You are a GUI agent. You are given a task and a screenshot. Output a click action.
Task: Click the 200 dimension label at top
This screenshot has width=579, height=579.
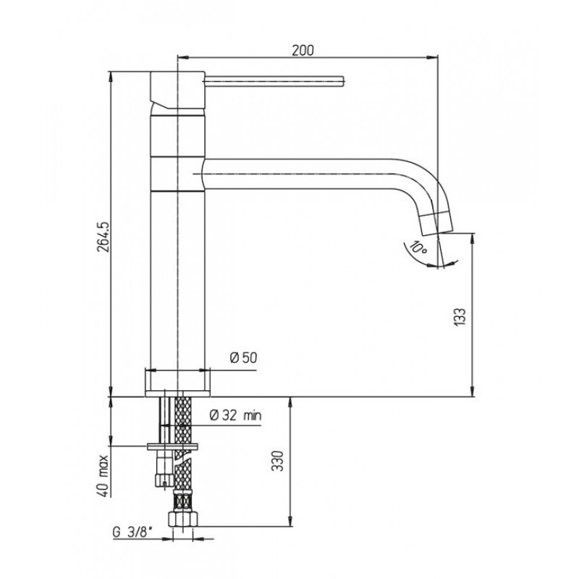coord(303,50)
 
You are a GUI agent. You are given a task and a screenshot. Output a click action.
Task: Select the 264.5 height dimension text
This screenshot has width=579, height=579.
coord(103,237)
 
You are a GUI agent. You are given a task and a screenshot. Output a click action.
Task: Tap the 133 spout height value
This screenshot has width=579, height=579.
coord(460,316)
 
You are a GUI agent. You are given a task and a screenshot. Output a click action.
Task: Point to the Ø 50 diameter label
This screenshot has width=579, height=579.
coord(243,358)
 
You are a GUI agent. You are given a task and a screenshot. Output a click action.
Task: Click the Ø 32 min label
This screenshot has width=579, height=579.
coord(236,415)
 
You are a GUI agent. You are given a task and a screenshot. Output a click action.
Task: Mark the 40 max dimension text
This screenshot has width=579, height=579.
coord(103,476)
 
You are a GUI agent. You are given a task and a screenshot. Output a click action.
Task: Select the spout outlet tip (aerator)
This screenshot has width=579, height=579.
coord(436,223)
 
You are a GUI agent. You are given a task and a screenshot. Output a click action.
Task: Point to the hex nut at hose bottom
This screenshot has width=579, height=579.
coord(183,518)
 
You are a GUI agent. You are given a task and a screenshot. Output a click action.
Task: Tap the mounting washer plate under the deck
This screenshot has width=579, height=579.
coord(172,447)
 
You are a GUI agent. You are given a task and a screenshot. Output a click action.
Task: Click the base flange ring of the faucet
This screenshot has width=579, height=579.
coord(177,383)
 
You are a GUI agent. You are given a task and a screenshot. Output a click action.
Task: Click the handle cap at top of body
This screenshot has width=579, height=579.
coord(177,90)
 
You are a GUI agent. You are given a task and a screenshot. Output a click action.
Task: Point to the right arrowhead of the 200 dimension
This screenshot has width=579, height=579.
coord(434,57)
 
